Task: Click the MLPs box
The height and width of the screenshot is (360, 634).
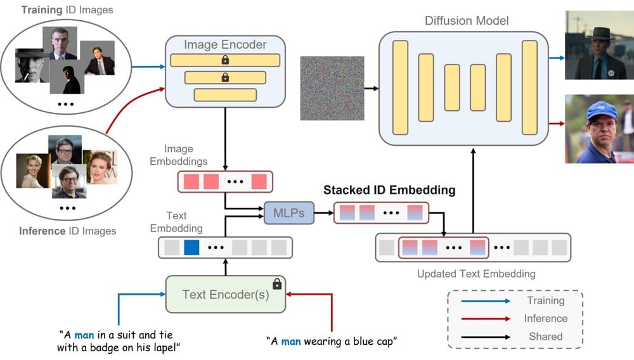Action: coord(288,213)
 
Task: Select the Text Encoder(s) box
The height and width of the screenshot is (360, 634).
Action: coord(225,294)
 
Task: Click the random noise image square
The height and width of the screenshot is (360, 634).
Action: coord(332,88)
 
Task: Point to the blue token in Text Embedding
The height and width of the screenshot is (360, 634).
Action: coord(191,247)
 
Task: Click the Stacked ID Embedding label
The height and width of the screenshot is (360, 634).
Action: coord(389,190)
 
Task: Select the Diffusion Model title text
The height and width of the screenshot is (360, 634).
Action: coord(467,21)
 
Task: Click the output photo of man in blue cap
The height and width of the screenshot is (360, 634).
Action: coord(599,129)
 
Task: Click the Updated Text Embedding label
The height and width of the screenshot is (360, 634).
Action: coord(476,274)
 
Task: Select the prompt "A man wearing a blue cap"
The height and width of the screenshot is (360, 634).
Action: coord(332,342)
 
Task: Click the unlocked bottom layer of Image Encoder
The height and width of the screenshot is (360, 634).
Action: coord(225,95)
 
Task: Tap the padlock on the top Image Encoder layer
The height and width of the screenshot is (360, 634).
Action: coord(225,60)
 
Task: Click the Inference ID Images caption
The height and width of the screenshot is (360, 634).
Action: coord(67,231)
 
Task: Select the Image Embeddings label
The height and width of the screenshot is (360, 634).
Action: coord(178,155)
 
